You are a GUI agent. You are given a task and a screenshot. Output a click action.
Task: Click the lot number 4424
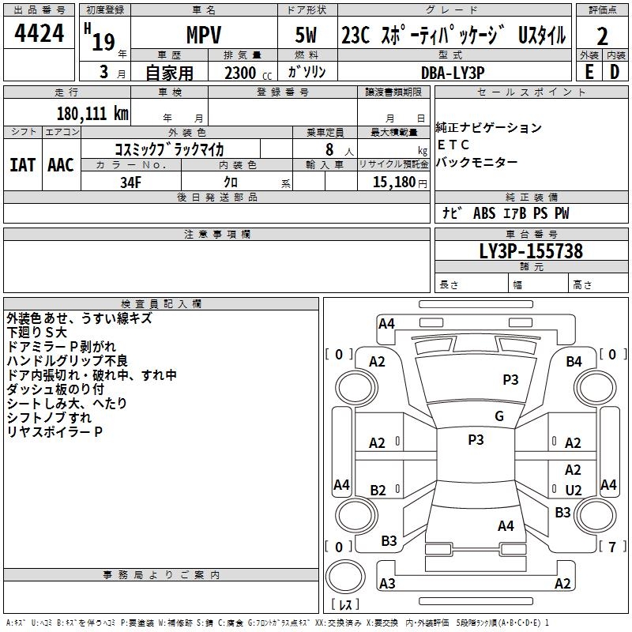[39, 33]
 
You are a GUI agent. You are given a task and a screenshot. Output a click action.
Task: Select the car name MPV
[203, 36]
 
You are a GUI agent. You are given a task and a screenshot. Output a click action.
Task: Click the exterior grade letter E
[589, 71]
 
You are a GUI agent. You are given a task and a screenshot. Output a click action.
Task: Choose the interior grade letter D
[615, 71]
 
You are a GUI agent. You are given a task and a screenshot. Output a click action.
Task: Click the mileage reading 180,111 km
[92, 113]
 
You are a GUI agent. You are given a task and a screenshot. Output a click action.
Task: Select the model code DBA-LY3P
[453, 71]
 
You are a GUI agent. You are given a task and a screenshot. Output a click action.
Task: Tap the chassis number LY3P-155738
[531, 252]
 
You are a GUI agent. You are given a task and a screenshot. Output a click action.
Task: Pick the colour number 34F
[130, 182]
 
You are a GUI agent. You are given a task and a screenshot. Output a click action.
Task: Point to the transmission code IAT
[22, 165]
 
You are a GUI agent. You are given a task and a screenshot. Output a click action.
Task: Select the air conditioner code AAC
[61, 165]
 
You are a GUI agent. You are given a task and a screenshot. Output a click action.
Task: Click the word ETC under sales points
[453, 145]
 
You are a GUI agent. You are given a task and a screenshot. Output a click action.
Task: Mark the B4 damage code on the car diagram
[574, 361]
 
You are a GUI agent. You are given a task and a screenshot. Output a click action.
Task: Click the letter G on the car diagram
[499, 416]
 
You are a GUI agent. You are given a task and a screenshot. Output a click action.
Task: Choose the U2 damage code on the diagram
[574, 490]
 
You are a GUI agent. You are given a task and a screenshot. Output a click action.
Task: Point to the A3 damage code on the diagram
[387, 584]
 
